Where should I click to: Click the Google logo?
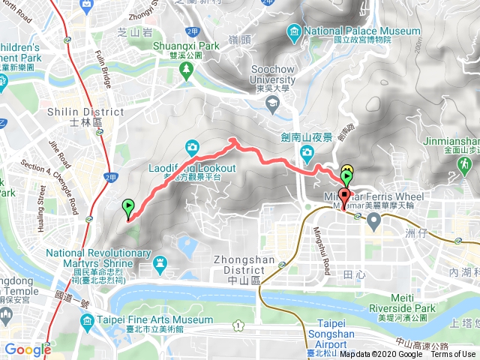27,349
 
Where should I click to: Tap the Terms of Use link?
453,355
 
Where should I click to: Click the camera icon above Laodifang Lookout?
193,146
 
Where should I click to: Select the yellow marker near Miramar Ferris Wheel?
347,170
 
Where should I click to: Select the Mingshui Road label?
320,248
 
